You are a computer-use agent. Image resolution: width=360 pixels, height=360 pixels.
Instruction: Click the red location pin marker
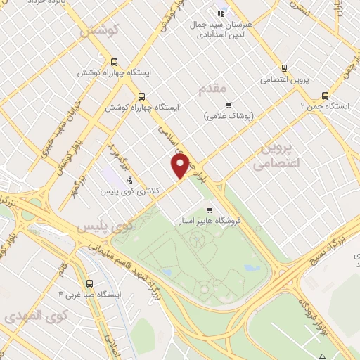(180, 166)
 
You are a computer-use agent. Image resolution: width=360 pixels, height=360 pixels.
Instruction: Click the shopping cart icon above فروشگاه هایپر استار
(209, 210)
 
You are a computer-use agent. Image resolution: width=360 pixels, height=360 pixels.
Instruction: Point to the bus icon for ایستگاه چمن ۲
(325, 95)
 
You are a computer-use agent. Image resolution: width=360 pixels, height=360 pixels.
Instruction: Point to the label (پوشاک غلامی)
(229, 115)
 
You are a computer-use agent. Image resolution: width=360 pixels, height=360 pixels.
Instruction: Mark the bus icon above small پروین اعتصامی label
(283, 68)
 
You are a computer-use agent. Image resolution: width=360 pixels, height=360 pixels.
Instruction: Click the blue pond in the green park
(252, 267)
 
